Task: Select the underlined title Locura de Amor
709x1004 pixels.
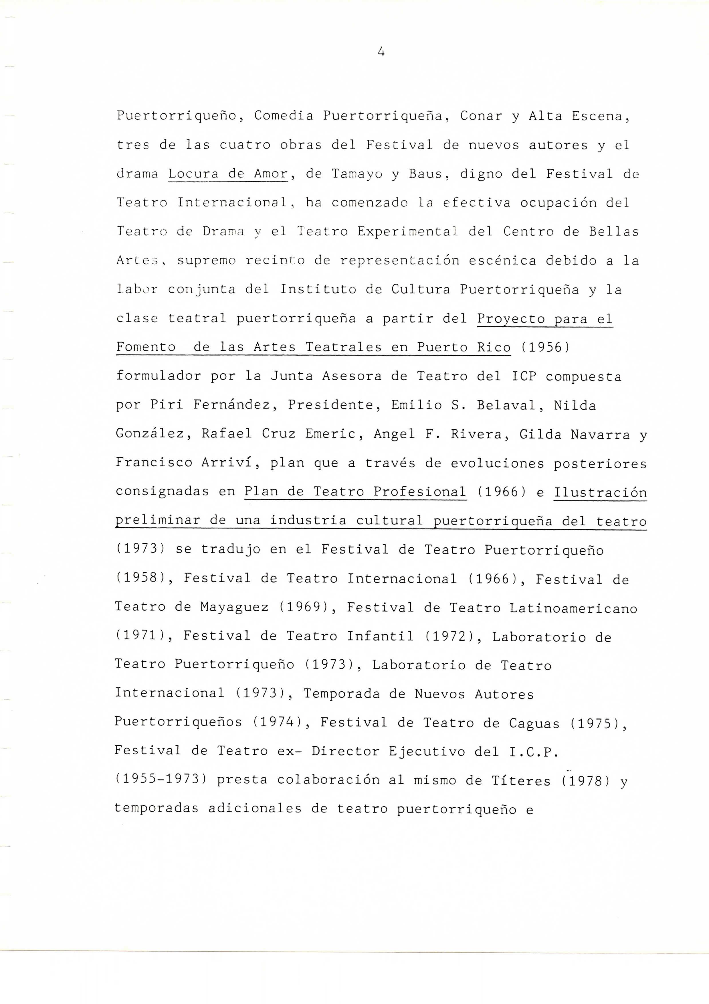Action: [x=228, y=174]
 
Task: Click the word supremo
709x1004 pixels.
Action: [x=206, y=261]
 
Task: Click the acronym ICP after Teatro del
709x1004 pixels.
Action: [x=524, y=376]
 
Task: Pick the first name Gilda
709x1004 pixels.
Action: [x=540, y=434]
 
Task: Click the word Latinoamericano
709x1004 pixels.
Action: [x=573, y=608]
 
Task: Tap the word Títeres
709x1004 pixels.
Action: [x=521, y=780]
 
